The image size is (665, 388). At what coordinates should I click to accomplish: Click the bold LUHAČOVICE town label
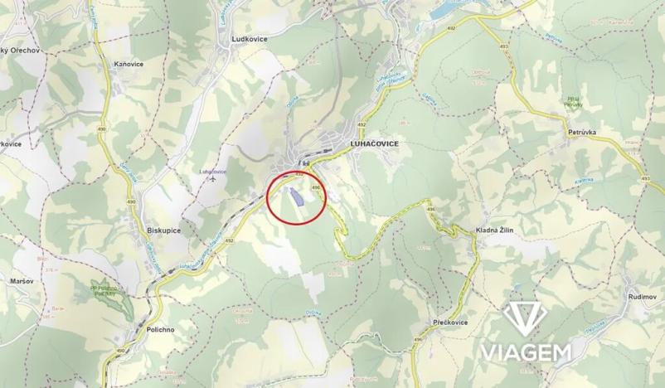coord(370,143)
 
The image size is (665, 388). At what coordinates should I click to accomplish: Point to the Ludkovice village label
coord(248,39)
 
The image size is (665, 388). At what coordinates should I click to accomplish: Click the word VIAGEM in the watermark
coord(525,352)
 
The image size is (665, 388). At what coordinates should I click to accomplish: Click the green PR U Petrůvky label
coord(570,101)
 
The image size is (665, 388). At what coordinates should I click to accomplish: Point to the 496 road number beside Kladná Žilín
coord(430,210)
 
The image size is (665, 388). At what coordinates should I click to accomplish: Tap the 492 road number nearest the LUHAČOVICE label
coord(362,124)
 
